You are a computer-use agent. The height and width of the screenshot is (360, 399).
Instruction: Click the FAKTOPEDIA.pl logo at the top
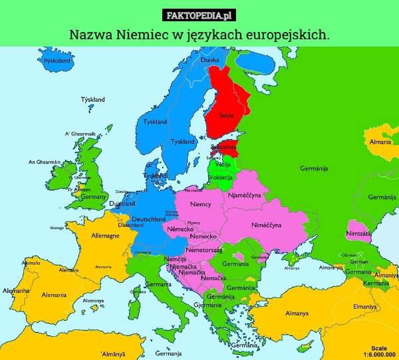199,15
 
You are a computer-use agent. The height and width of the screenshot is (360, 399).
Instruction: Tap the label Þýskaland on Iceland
57,60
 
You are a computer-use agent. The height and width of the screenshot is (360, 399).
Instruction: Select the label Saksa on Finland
226,115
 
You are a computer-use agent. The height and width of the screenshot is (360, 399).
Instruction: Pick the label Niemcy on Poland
201,203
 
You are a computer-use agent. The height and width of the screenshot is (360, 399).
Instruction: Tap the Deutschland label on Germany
149,219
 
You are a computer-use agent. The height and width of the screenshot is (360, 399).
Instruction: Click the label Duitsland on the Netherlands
122,204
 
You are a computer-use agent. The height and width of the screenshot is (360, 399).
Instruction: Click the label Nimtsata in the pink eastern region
359,234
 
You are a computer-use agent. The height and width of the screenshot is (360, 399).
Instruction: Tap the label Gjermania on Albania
206,305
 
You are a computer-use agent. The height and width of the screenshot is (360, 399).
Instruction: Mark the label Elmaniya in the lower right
365,306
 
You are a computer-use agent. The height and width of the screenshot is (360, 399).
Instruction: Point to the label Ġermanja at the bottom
169,353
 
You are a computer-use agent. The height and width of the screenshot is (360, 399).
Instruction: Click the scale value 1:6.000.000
379,355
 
